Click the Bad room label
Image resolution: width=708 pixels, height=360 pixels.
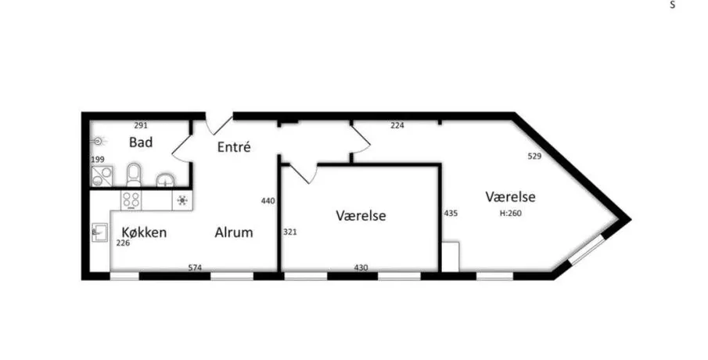click(140, 142)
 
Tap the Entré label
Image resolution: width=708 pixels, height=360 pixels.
click(233, 147)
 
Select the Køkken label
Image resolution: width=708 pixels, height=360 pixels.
click(144, 232)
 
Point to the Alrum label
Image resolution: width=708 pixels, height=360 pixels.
click(233, 232)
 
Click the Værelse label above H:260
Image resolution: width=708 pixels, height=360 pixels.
click(510, 197)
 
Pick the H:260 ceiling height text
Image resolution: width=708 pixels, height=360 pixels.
click(511, 213)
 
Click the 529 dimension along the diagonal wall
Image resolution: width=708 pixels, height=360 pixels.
click(534, 157)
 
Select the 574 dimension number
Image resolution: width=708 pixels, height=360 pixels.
click(195, 268)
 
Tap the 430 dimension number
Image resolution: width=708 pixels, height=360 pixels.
click(361, 268)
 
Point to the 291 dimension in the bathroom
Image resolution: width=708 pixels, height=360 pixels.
click(141, 125)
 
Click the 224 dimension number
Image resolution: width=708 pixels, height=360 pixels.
click(397, 125)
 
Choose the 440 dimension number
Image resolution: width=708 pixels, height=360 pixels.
click(268, 201)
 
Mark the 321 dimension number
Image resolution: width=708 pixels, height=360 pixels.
click(290, 232)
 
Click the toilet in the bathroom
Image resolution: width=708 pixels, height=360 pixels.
click(134, 175)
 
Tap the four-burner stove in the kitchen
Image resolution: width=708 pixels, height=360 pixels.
click(131, 200)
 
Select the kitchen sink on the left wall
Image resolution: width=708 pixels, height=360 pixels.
click(100, 232)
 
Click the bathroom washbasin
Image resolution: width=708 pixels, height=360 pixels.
click(166, 180)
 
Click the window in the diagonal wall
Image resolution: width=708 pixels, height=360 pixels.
click(587, 250)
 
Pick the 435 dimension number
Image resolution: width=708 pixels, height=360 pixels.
click(451, 213)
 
